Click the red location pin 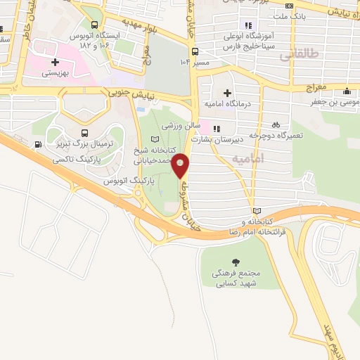point(181,165)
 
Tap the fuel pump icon point(37,146)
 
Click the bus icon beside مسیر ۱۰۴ point(195,51)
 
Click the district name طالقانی point(303,54)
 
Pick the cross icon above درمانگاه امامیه point(226,93)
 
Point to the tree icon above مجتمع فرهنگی point(235,261)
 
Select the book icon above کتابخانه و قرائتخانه point(257,211)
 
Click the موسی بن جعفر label point(333,103)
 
